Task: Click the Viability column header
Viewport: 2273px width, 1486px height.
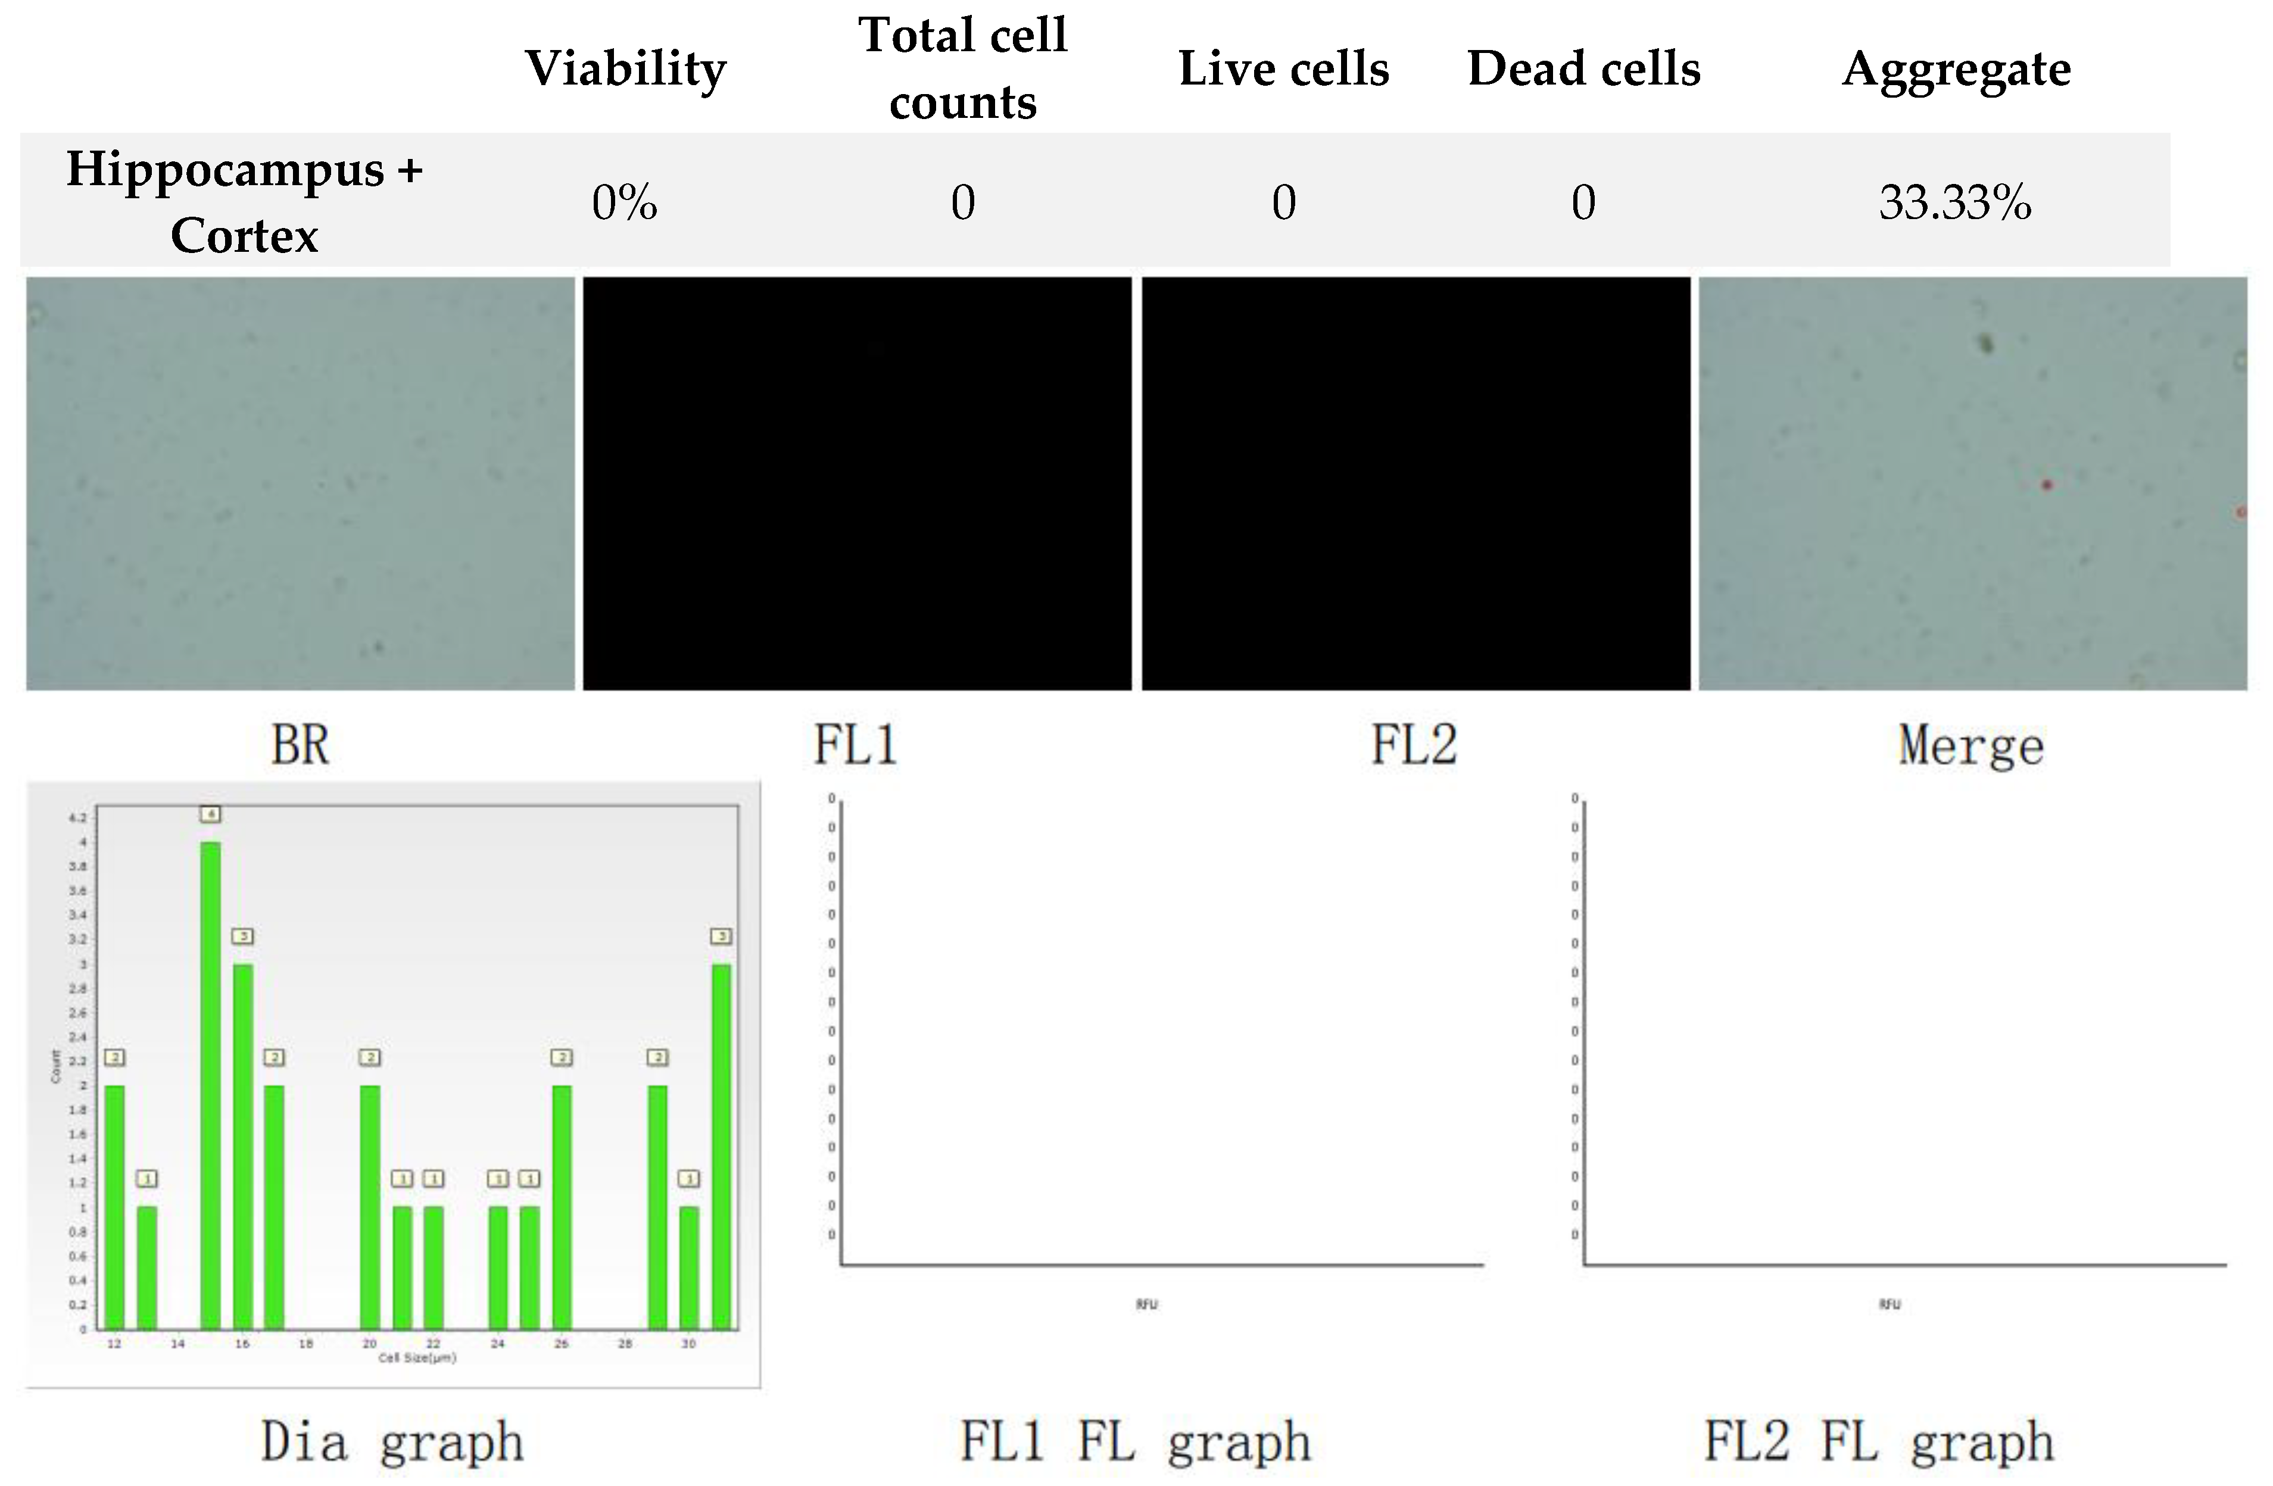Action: point(625,68)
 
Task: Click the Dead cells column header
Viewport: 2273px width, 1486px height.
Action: point(1583,68)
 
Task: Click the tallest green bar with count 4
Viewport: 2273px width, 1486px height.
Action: point(210,1084)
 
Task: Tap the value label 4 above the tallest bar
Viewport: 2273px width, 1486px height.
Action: point(211,814)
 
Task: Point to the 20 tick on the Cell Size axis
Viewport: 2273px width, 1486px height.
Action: point(370,1343)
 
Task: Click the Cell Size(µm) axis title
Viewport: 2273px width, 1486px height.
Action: point(417,1357)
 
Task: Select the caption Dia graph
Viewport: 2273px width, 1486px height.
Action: point(392,1442)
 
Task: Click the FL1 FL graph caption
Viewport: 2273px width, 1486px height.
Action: point(1134,1442)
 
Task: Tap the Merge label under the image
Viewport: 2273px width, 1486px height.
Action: point(1971,746)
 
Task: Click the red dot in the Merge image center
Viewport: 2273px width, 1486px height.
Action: point(2047,485)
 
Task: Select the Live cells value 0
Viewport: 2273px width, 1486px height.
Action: point(1283,202)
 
